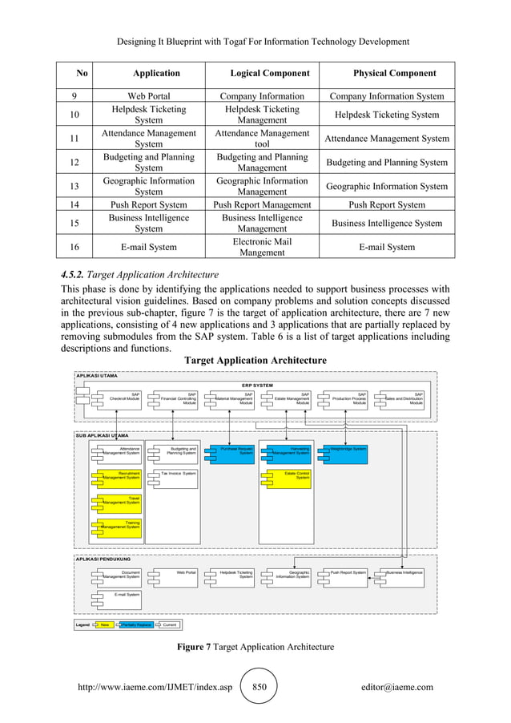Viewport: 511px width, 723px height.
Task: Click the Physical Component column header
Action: coord(394,74)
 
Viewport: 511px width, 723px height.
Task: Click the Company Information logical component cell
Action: coord(263,96)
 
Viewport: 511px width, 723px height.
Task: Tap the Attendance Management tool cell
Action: coord(263,139)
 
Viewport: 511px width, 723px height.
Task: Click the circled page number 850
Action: coord(259,687)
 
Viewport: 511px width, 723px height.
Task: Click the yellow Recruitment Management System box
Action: coord(119,476)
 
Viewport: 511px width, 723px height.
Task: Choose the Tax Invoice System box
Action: coord(175,475)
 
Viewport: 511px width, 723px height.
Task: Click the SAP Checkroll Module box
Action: coord(119,398)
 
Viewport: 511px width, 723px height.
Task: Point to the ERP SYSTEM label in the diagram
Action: coord(258,385)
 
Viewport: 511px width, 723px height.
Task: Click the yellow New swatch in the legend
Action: coord(103,624)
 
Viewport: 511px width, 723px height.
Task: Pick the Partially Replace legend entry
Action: coord(135,624)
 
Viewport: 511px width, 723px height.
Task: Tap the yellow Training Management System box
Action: coord(119,525)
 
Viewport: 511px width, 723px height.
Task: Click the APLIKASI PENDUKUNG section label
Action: coord(105,559)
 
